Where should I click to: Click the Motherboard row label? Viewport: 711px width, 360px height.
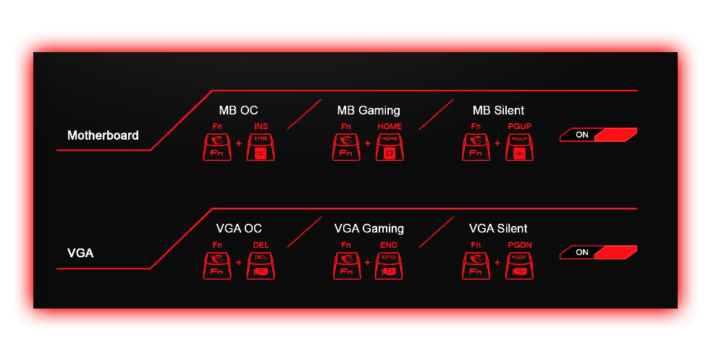tap(103, 135)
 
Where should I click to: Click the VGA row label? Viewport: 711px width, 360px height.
tap(80, 254)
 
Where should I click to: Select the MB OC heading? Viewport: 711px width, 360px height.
tap(238, 111)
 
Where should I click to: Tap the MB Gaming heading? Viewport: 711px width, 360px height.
tap(369, 111)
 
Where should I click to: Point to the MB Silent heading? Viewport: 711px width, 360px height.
tap(498, 111)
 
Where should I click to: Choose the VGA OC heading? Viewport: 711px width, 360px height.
tap(238, 229)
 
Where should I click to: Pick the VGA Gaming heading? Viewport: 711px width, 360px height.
tap(369, 229)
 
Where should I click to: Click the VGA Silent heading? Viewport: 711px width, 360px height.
tap(498, 229)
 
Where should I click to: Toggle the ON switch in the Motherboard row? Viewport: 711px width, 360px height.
tap(598, 135)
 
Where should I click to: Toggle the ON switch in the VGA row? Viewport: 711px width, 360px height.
tap(598, 253)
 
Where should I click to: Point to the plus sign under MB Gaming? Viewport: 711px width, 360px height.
tap(368, 143)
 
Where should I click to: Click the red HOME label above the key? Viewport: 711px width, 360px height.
tap(390, 126)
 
